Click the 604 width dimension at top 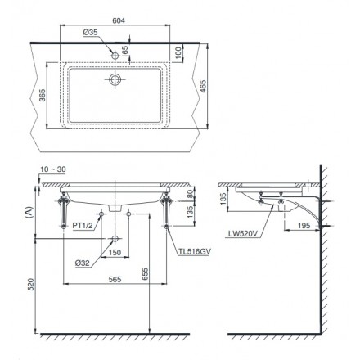(119, 20)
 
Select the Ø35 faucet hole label (90, 33)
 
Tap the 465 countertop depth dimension (203, 86)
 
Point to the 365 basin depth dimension (43, 95)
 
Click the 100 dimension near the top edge (178, 53)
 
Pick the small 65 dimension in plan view (125, 50)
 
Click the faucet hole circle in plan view (115, 56)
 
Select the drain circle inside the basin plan (115, 79)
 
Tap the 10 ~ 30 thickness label (53, 169)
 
